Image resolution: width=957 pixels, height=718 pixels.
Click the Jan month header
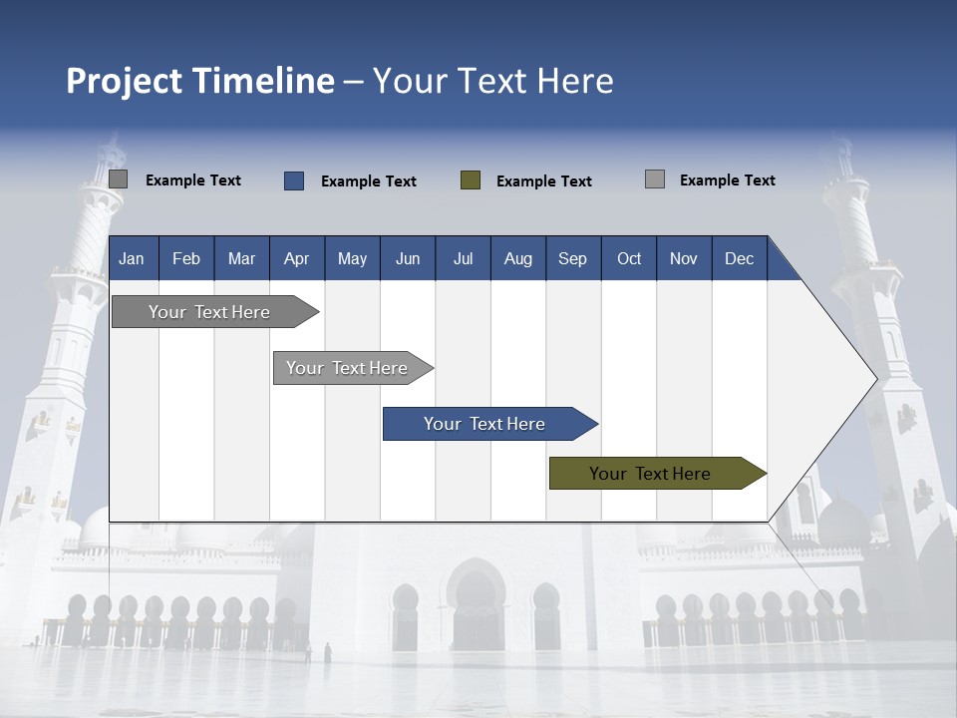point(132,258)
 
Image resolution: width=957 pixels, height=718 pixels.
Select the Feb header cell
point(186,258)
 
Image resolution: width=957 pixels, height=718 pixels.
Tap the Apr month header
point(296,258)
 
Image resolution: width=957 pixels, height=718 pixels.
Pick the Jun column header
point(408,258)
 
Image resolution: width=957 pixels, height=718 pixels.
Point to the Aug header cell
point(517,258)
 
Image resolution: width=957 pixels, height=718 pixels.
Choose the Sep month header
point(572,258)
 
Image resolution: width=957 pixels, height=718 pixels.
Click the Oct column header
point(629,258)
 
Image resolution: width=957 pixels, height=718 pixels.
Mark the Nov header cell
point(684,258)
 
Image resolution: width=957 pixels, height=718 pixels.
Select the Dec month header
point(739,258)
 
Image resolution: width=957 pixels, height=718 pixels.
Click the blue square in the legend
point(294,180)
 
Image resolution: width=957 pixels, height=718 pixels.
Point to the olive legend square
point(471,180)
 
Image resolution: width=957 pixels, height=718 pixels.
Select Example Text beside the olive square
point(544,181)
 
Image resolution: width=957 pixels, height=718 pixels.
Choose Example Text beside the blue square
point(369,181)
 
